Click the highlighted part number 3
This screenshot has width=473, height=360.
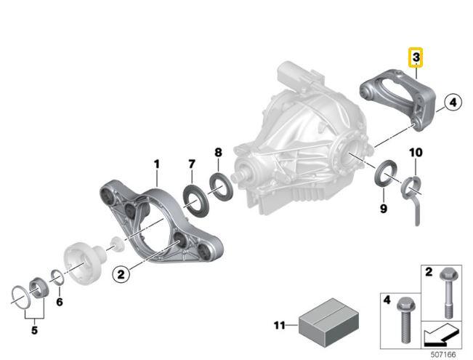pos(416,56)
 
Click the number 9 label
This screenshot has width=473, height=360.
pos(384,209)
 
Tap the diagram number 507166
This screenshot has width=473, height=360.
pos(443,354)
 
